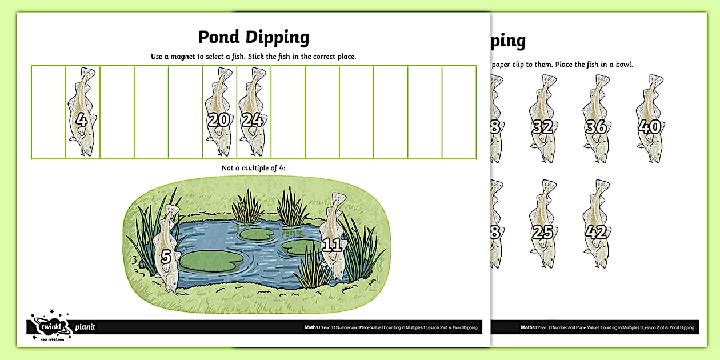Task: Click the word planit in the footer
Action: (85, 327)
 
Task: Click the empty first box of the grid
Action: (48, 111)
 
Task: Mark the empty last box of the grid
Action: (459, 111)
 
